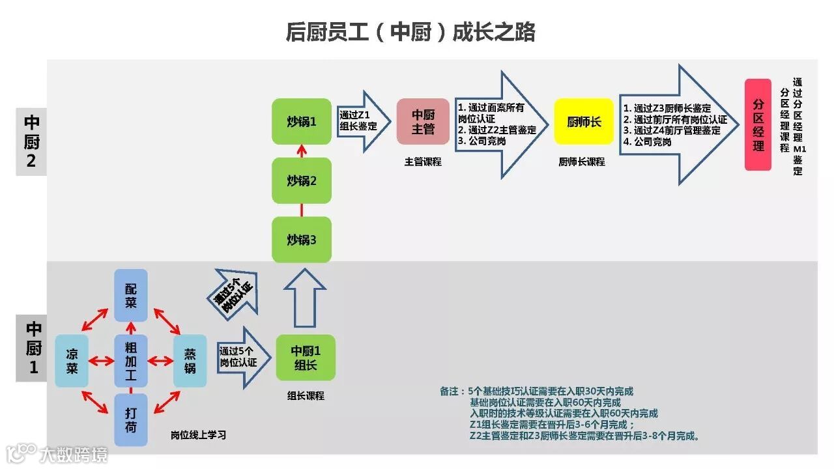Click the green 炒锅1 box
pos(302,121)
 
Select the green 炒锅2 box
pos(302,180)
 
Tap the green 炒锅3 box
pos(302,240)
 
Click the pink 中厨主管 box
pos(423,121)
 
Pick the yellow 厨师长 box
pos(583,121)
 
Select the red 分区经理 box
pos(758,124)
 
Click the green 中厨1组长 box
pos(306,358)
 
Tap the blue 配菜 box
pos(131,295)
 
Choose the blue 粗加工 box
pos(131,361)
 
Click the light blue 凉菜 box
pos(72,361)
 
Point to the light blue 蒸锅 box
pos(190,361)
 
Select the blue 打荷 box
pos(131,420)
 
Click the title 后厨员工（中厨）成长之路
pos(410,32)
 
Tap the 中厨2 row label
pos(31,142)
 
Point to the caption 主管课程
pos(423,162)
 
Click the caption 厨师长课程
pos(582,162)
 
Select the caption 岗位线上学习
pos(198,435)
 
